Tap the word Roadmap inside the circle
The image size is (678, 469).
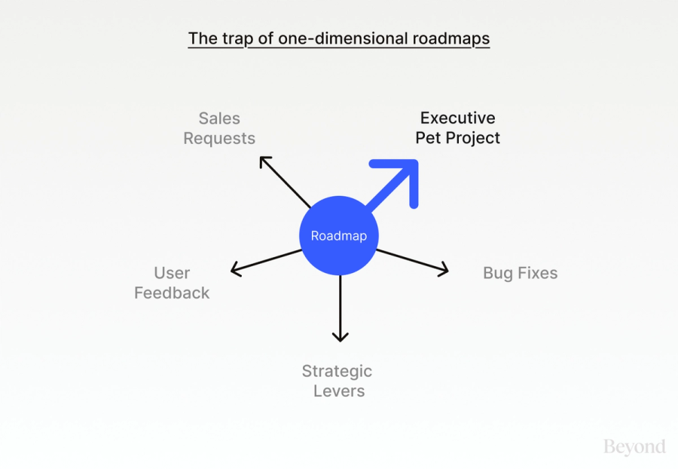(x=339, y=236)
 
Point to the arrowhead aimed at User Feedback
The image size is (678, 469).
(x=236, y=268)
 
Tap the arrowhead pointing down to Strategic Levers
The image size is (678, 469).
(x=341, y=336)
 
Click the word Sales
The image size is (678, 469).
(x=219, y=118)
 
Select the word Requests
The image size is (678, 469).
(x=219, y=139)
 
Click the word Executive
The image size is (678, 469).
(x=457, y=118)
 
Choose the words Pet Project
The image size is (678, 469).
(x=457, y=138)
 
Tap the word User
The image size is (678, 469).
(x=172, y=273)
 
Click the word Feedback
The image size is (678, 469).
(x=172, y=293)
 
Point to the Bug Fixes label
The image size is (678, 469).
(x=520, y=273)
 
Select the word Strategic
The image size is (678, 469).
(x=337, y=371)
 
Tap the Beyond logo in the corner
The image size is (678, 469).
(x=634, y=446)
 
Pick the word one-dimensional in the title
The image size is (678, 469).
(x=341, y=38)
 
